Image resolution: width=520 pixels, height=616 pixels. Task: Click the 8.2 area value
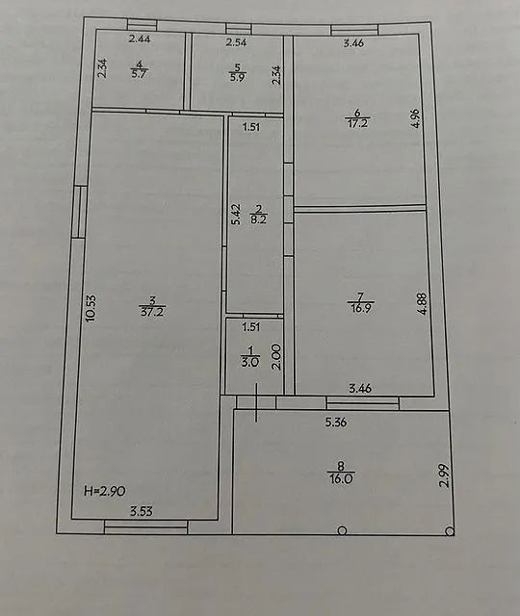(x=257, y=219)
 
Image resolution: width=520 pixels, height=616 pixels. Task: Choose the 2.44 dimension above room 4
(x=140, y=39)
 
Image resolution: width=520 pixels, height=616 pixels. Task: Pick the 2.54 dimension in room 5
(x=238, y=43)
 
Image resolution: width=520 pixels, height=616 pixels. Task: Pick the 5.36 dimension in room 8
(x=336, y=422)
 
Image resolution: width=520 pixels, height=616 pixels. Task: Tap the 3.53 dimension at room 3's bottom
(x=142, y=511)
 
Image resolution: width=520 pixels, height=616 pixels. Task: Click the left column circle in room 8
(x=344, y=529)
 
